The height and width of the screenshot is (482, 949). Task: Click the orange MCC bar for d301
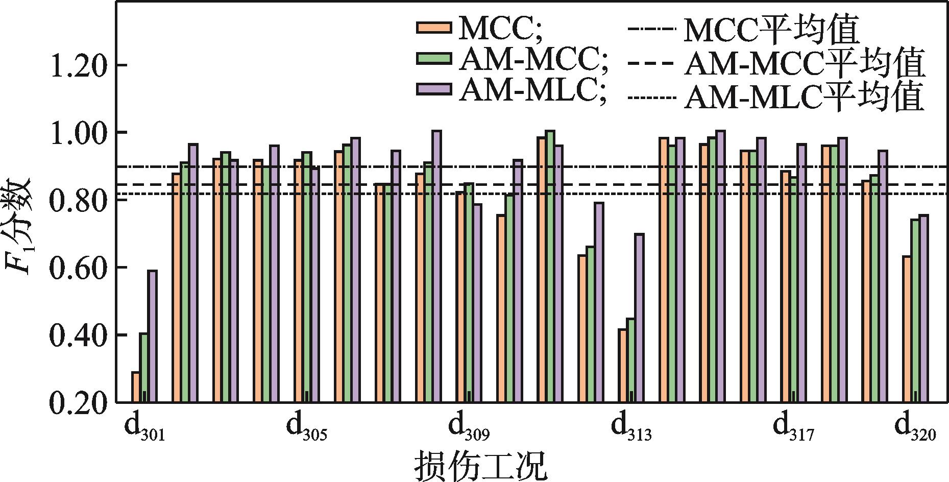tap(136, 387)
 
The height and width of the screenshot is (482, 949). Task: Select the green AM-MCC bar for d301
tap(144, 368)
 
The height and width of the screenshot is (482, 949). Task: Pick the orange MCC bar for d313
tap(622, 366)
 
